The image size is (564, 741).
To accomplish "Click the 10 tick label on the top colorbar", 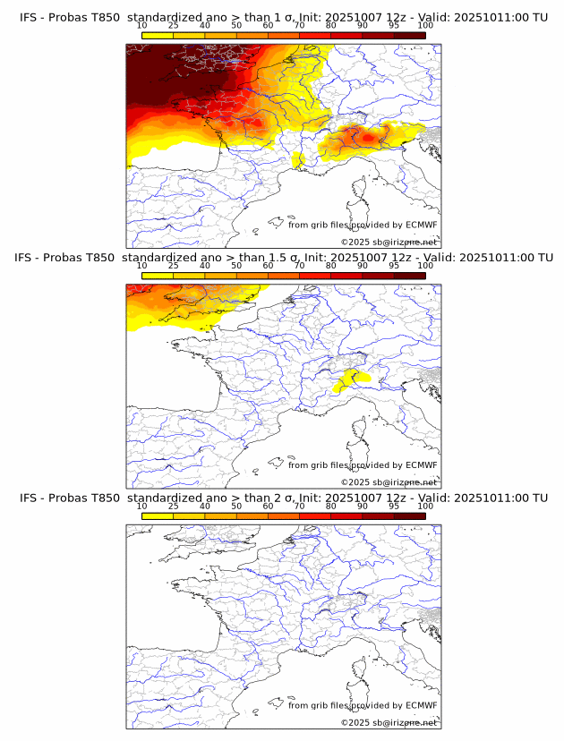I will pyautogui.click(x=142, y=26).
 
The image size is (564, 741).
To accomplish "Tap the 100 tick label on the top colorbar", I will pyautogui.click(x=425, y=26).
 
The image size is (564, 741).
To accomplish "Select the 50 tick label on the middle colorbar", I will pyautogui.click(x=236, y=266).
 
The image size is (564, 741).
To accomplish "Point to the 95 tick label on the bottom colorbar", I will pyautogui.click(x=394, y=507).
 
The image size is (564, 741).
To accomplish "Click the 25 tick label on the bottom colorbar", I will pyautogui.click(x=174, y=507).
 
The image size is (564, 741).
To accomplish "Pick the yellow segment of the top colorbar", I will pyautogui.click(x=158, y=36).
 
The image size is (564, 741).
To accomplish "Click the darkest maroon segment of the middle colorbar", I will pyautogui.click(x=410, y=276).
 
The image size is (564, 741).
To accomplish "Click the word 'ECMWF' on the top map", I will pyautogui.click(x=421, y=225).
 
